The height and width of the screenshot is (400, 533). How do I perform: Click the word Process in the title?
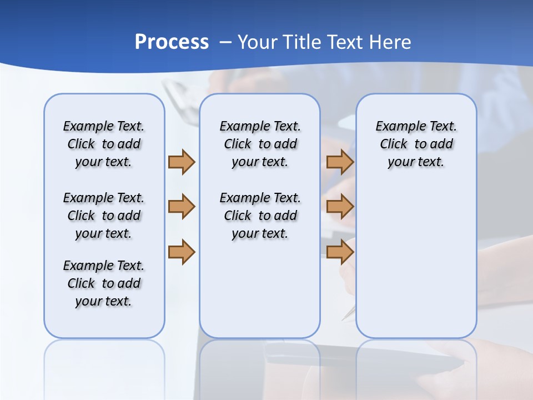172,42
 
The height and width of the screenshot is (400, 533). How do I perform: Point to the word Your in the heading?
258,42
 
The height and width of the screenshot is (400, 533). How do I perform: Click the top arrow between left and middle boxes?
182,162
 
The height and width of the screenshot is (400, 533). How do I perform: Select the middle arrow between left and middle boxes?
182,207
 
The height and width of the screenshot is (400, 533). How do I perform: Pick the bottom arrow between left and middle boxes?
182,252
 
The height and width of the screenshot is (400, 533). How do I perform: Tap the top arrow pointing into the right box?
340,162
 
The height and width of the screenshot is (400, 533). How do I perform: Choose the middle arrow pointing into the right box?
340,207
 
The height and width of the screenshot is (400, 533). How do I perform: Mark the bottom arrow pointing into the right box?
340,252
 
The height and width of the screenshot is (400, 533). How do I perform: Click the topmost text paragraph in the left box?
104,144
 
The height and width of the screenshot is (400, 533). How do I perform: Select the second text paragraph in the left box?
104,216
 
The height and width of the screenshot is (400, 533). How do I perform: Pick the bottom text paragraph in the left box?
104,283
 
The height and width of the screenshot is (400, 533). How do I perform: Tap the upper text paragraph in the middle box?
260,144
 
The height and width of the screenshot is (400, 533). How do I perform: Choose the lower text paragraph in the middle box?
260,216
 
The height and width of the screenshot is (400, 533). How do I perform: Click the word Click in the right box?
394,144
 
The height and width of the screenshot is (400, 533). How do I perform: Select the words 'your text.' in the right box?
416,162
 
